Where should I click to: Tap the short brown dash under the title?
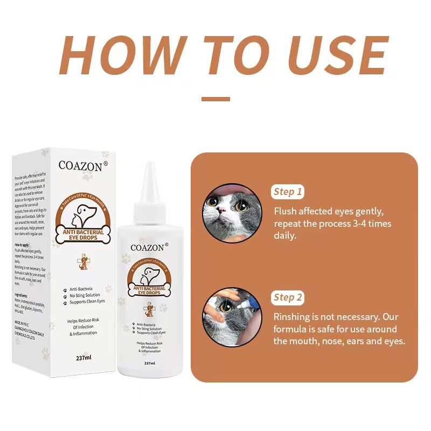(215, 99)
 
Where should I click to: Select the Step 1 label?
(288, 192)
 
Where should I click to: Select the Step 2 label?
(288, 297)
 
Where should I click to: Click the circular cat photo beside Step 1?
(232, 213)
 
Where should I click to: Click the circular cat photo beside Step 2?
(232, 317)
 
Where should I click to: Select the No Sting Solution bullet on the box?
(86, 295)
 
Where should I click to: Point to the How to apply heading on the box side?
(23, 244)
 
